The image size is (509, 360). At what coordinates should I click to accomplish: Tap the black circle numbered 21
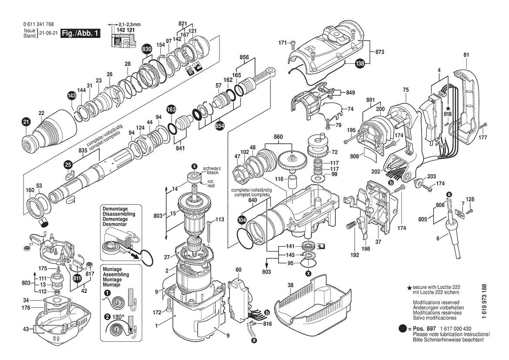coord(26,122)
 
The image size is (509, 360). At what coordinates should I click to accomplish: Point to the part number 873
coord(380,52)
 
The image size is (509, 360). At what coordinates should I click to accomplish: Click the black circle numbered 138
coord(360,64)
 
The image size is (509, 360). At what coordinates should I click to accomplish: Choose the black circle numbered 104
coord(241,220)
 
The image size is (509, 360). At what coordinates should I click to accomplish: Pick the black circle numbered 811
coord(77,277)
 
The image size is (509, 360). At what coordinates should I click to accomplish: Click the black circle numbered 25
coord(67,164)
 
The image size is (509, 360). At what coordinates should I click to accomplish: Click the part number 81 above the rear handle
coord(466,55)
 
